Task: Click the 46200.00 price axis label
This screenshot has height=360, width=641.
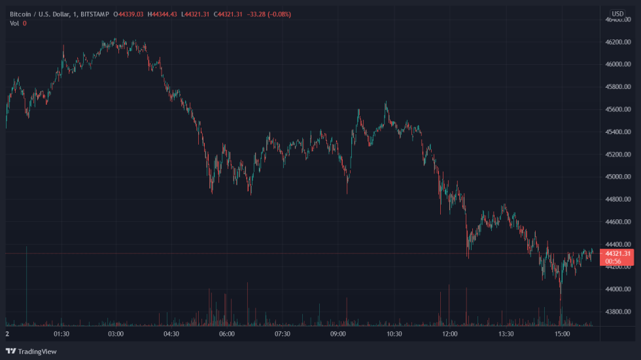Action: coord(618,42)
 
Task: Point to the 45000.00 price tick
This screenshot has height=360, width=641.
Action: coord(618,177)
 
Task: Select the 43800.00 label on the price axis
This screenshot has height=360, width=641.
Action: coord(618,312)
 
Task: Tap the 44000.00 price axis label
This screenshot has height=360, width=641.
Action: coord(618,289)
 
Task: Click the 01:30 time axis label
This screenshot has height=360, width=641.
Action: coord(61,334)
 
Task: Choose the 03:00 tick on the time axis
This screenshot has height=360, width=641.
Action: coord(116,334)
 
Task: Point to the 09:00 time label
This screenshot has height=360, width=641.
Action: coord(338,334)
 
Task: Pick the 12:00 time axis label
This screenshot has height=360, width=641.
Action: coord(450,334)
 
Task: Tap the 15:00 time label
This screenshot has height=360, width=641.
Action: coord(562,334)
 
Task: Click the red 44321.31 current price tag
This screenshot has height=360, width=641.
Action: coord(618,253)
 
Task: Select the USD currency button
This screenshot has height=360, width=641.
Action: coord(617,14)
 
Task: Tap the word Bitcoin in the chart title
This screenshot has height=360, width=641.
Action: coord(21,14)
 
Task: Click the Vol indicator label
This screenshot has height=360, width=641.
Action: coord(14,24)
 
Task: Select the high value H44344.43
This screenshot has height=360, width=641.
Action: coord(164,14)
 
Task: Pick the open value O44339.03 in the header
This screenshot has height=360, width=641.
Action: coord(129,14)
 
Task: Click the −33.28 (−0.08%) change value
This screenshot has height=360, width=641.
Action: coord(268,14)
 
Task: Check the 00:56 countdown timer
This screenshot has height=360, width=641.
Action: coord(614,262)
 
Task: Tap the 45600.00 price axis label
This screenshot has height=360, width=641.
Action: coord(618,109)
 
